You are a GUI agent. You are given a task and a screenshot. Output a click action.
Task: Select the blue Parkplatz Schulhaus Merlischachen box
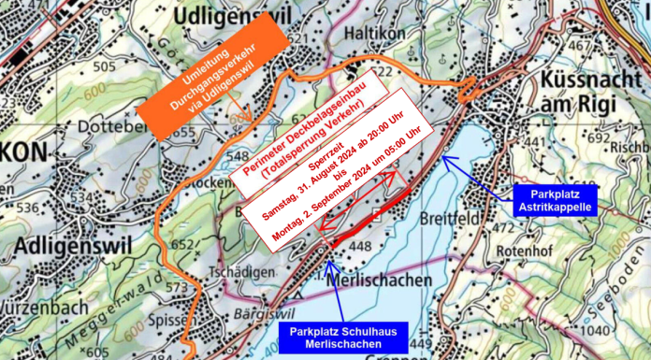pos(336,338)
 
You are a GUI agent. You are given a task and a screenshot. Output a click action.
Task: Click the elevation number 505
pos(105,66)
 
